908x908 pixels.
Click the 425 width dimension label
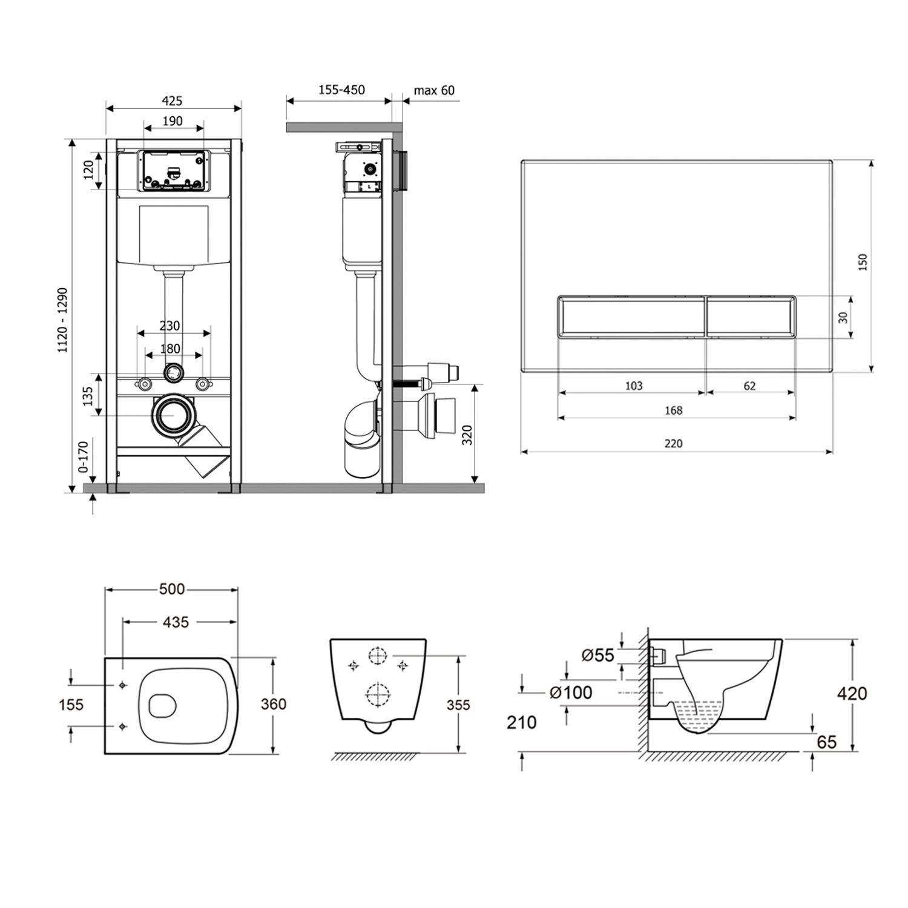pyautogui.click(x=173, y=101)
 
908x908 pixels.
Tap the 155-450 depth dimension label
pyautogui.click(x=341, y=90)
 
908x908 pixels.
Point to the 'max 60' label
pyautogui.click(x=434, y=91)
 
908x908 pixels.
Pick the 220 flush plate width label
pyautogui.click(x=673, y=444)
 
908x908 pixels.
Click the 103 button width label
pyautogui.click(x=633, y=386)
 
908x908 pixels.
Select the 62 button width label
pyautogui.click(x=749, y=386)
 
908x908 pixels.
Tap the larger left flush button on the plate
pyautogui.click(x=631, y=317)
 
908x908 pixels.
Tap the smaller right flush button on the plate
pyautogui.click(x=751, y=317)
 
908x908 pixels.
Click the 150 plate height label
pyautogui.click(x=863, y=262)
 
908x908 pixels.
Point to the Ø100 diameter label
pyautogui.click(x=570, y=692)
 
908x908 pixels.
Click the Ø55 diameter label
pyautogui.click(x=597, y=655)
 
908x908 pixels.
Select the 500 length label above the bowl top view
pyautogui.click(x=172, y=589)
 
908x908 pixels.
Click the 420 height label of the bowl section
pyautogui.click(x=852, y=693)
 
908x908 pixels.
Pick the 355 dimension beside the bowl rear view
pyautogui.click(x=458, y=705)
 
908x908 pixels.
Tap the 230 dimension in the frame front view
pyautogui.click(x=169, y=326)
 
